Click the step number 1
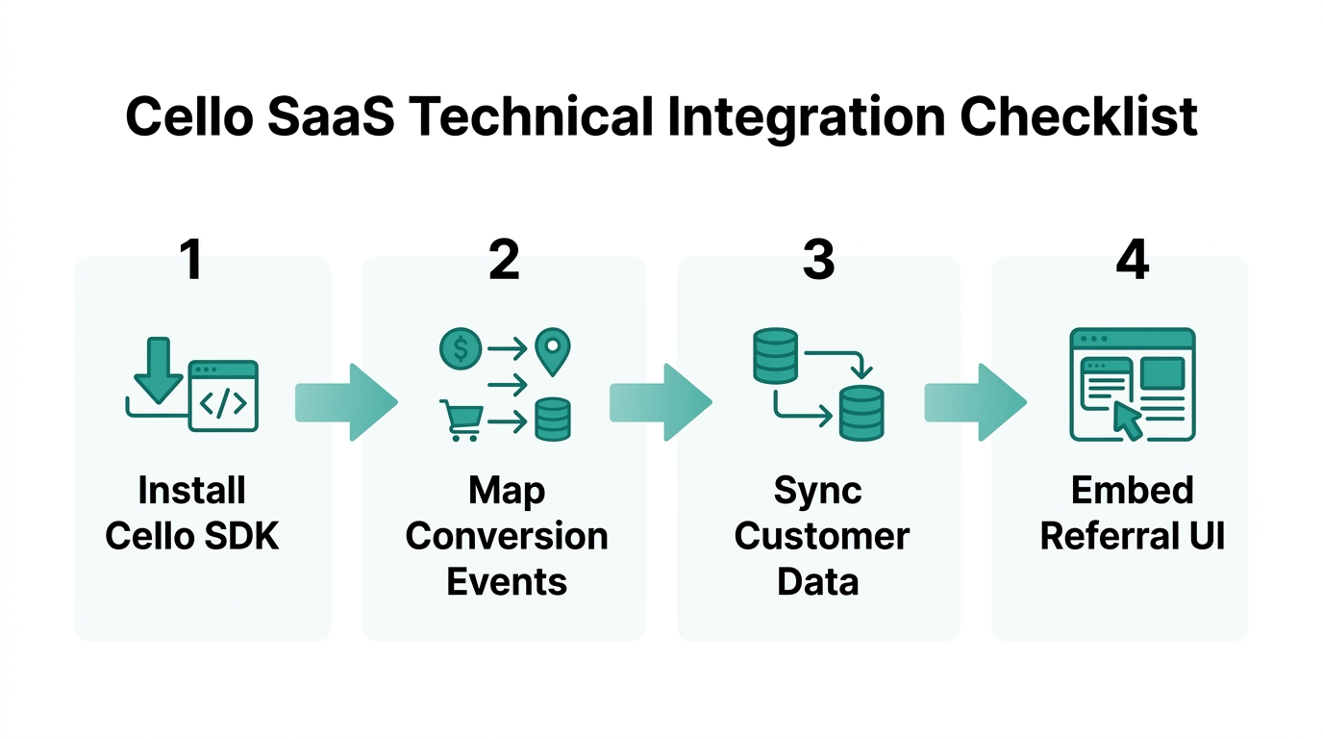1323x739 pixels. click(x=191, y=260)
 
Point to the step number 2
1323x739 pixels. click(x=504, y=260)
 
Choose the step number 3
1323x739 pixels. click(x=818, y=260)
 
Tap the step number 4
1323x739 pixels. click(x=1133, y=260)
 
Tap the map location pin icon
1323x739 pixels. click(x=553, y=351)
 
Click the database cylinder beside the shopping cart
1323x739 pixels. click(x=552, y=420)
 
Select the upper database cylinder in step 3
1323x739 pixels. click(x=774, y=355)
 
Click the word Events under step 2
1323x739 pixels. click(x=506, y=582)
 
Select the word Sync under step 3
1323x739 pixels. click(x=818, y=491)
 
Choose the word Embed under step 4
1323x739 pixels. click(x=1132, y=491)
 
